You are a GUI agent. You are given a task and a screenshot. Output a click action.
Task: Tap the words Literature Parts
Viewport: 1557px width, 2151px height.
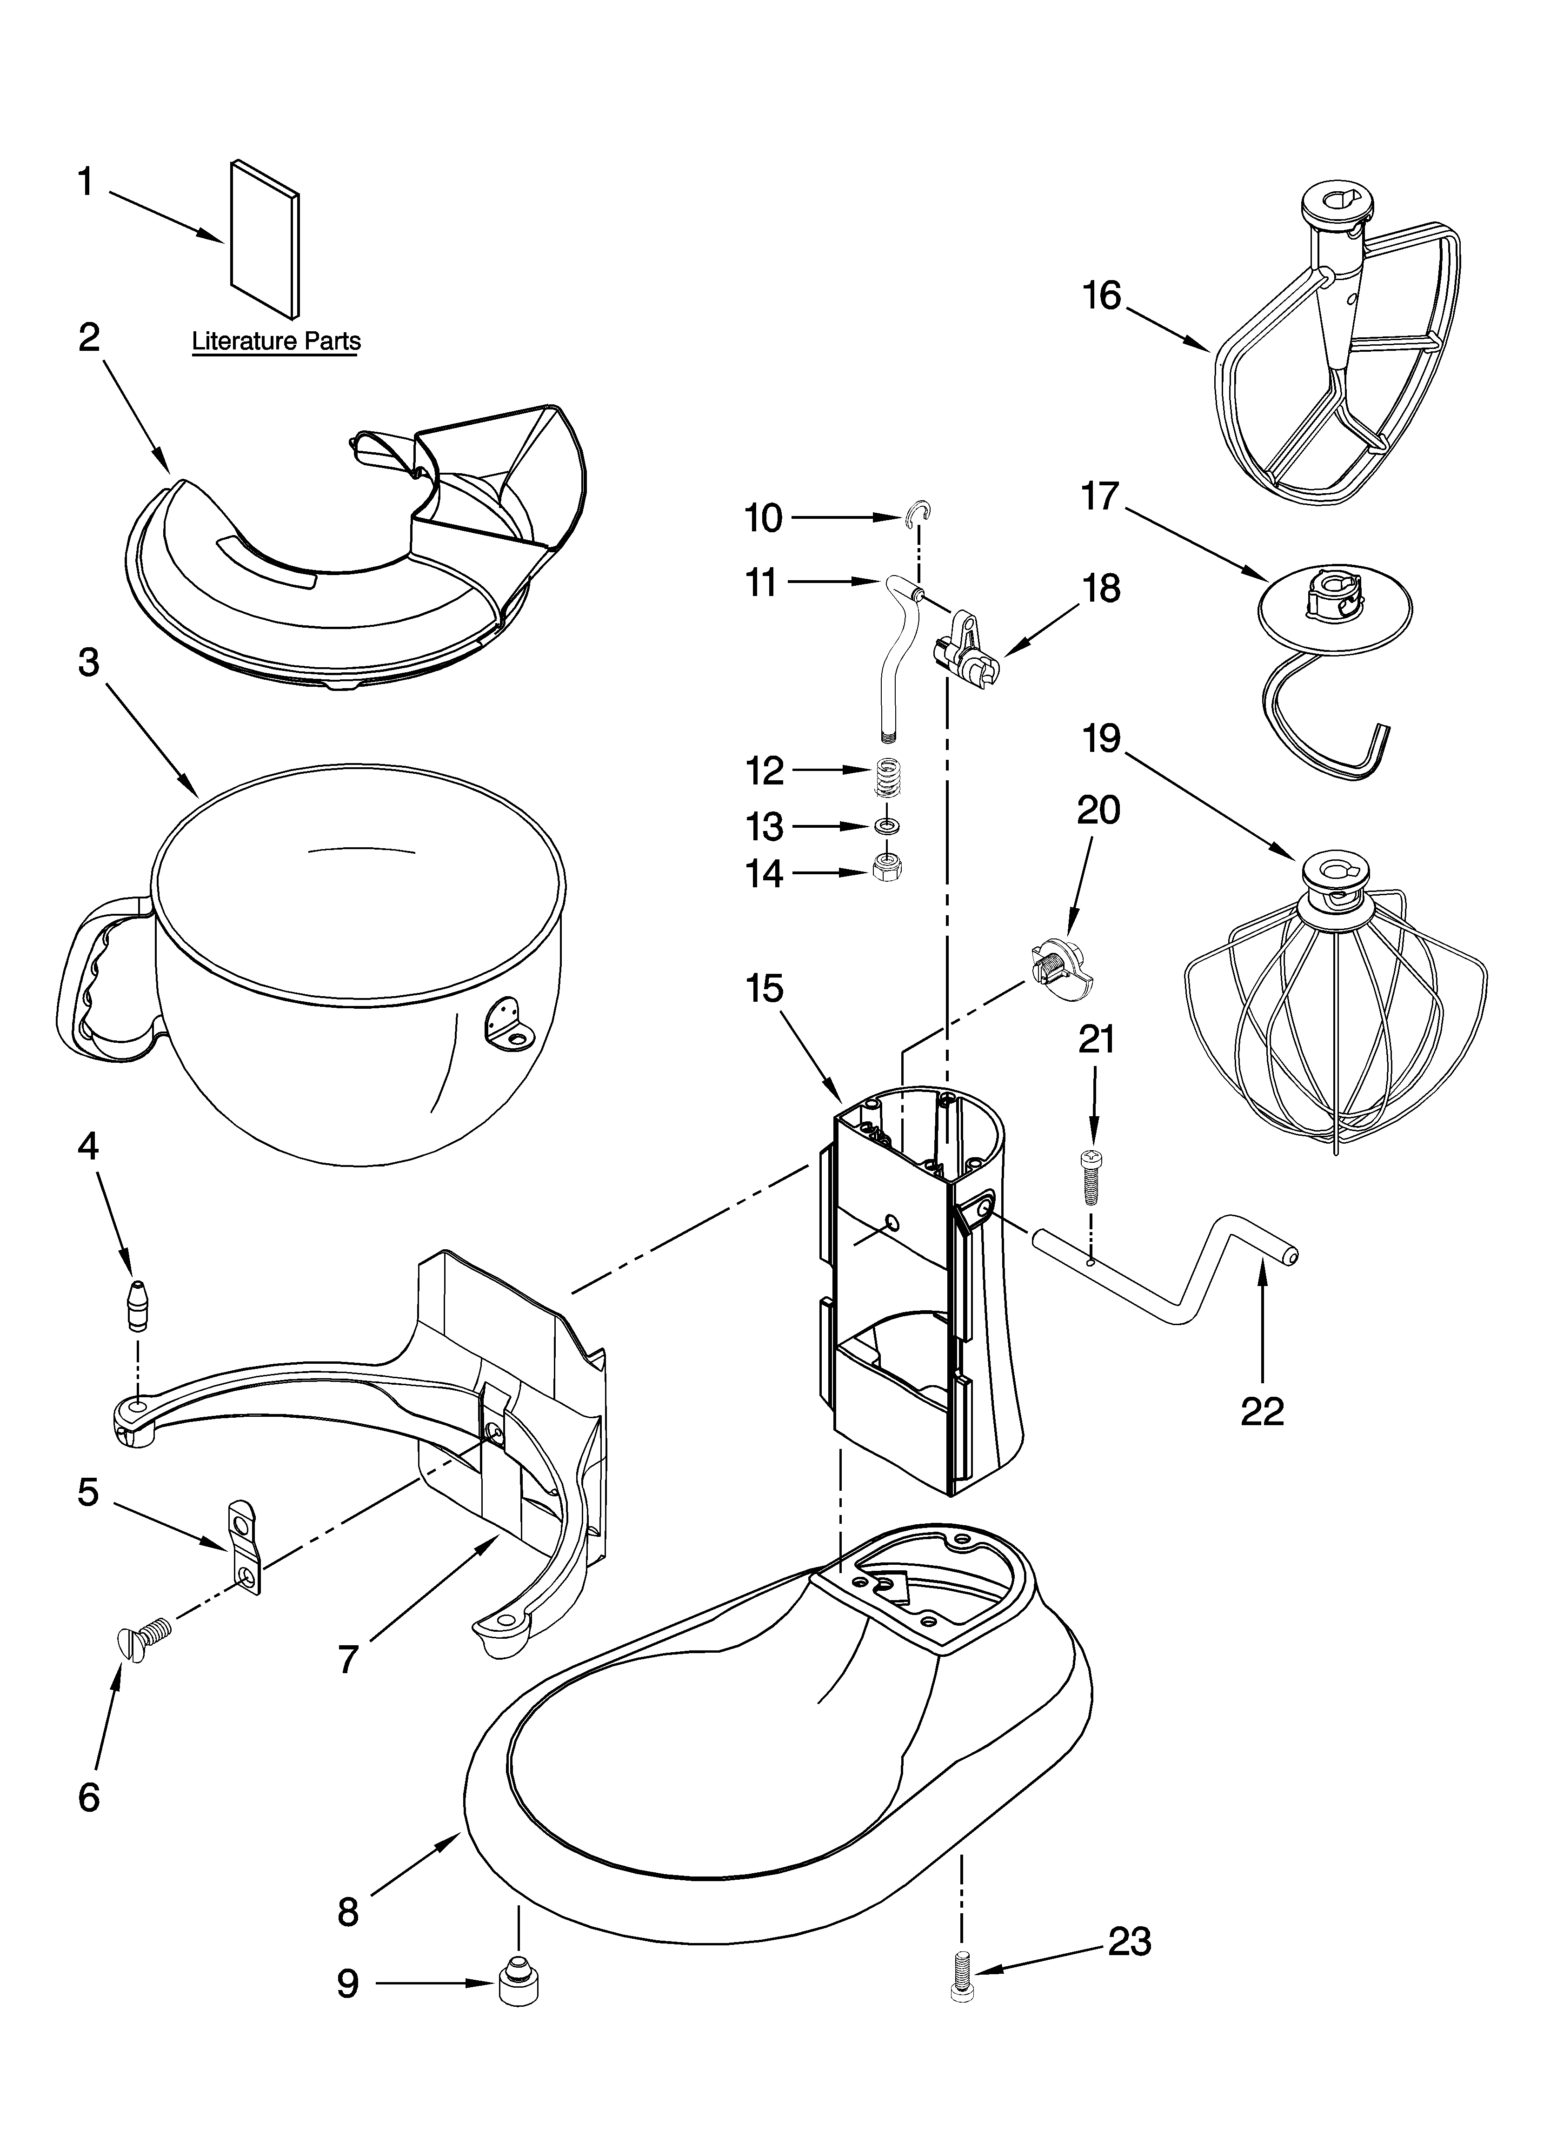pos(276,342)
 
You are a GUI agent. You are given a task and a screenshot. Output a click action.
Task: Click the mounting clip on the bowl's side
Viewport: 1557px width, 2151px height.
pos(508,1022)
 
